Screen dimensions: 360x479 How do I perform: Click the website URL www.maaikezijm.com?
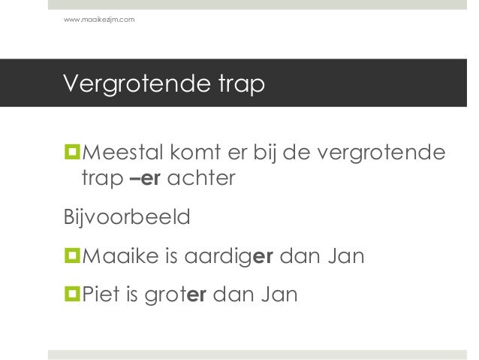(100, 18)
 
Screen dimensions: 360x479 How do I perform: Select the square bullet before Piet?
(72, 293)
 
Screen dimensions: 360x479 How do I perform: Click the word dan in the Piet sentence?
(233, 292)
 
